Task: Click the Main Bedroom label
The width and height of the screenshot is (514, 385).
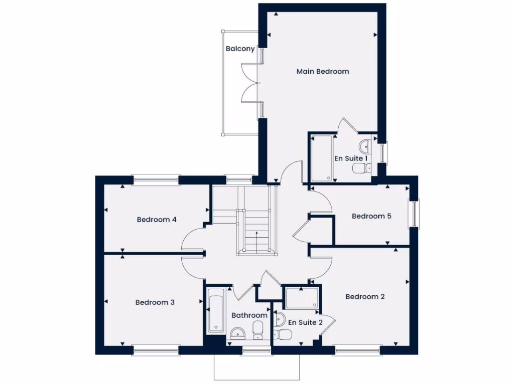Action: pyautogui.click(x=322, y=72)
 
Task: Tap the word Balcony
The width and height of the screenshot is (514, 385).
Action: pyautogui.click(x=240, y=49)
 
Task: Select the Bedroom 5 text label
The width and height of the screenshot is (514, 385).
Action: pyautogui.click(x=371, y=217)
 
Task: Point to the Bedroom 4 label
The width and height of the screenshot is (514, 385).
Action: pyautogui.click(x=157, y=220)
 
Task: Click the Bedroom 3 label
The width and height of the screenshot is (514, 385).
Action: pyautogui.click(x=155, y=302)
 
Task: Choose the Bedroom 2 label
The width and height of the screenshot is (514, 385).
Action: pyautogui.click(x=365, y=297)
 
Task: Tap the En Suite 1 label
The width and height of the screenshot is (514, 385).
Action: pyautogui.click(x=351, y=158)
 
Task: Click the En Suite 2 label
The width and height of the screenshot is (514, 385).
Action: pyautogui.click(x=305, y=322)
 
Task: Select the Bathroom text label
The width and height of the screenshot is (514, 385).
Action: pyautogui.click(x=249, y=315)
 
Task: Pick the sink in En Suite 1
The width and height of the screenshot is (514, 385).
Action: pyautogui.click(x=364, y=147)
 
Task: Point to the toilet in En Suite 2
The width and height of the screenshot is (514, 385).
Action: pyautogui.click(x=285, y=334)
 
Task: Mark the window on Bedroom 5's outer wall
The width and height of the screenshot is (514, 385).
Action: pyautogui.click(x=415, y=214)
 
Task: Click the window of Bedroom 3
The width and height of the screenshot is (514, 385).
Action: pyautogui.click(x=155, y=350)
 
